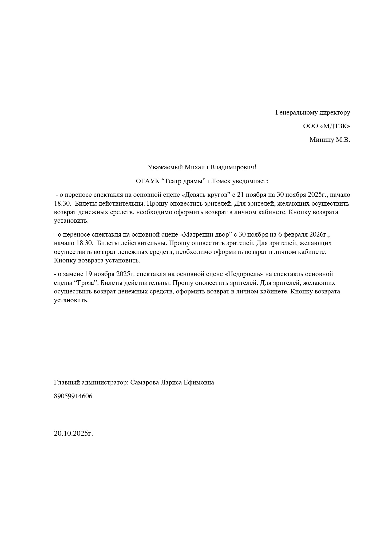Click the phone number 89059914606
[73, 396]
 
